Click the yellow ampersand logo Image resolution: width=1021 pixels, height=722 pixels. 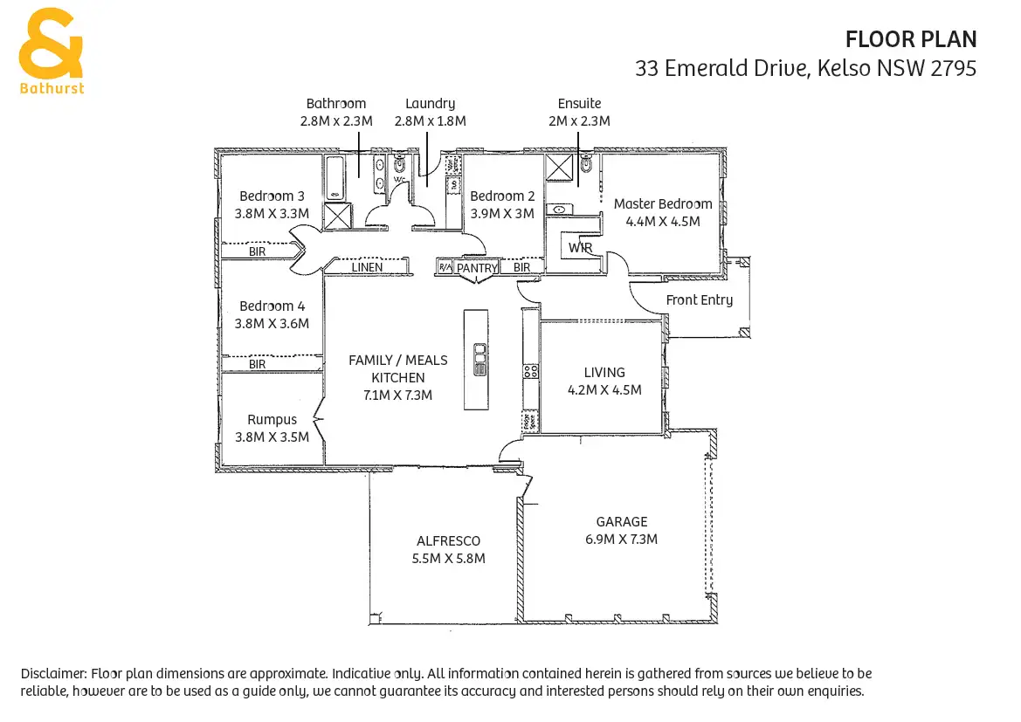click(x=52, y=43)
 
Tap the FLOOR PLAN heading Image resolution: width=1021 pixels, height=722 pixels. click(x=911, y=39)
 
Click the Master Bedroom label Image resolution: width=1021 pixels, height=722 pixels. click(x=663, y=204)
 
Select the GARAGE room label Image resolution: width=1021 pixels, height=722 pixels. click(x=622, y=522)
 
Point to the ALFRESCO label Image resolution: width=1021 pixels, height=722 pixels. click(x=448, y=541)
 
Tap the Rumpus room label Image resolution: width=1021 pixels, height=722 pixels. click(x=272, y=420)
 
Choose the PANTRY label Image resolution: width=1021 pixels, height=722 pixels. click(x=477, y=268)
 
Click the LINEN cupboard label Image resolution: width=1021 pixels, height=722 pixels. click(x=367, y=267)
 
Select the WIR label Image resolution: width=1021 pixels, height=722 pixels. click(x=580, y=248)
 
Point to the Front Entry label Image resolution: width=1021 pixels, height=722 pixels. click(x=700, y=300)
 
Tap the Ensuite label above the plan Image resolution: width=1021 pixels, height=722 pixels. click(x=579, y=104)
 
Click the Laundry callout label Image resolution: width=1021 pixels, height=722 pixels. click(x=430, y=104)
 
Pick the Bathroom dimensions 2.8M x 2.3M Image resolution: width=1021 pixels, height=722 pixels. click(x=335, y=121)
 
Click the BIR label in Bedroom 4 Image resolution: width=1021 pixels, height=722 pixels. click(x=257, y=364)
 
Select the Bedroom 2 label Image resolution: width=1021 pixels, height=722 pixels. click(x=502, y=196)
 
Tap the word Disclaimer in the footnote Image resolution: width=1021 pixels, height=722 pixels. click(x=52, y=674)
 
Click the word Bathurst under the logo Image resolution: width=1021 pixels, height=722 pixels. click(x=52, y=88)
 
